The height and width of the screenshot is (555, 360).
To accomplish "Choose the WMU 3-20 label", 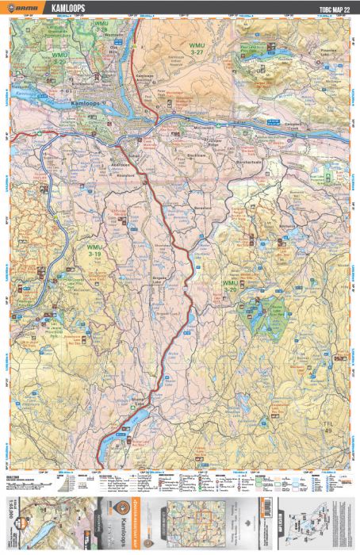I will coord(230,287).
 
